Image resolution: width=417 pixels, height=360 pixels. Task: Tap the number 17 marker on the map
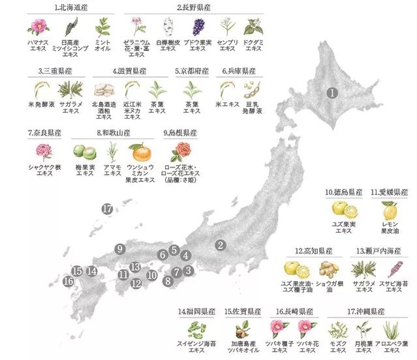pos(108,209)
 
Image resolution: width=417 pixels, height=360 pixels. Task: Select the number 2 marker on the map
pos(221,245)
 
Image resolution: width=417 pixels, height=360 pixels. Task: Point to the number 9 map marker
pos(119,248)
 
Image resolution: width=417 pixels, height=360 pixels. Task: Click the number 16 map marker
pos(69,282)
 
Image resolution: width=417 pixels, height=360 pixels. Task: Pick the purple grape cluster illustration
pos(199,27)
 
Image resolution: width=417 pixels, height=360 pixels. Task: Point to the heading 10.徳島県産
pos(343,192)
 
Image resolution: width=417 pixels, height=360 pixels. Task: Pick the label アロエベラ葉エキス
pos(395,348)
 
